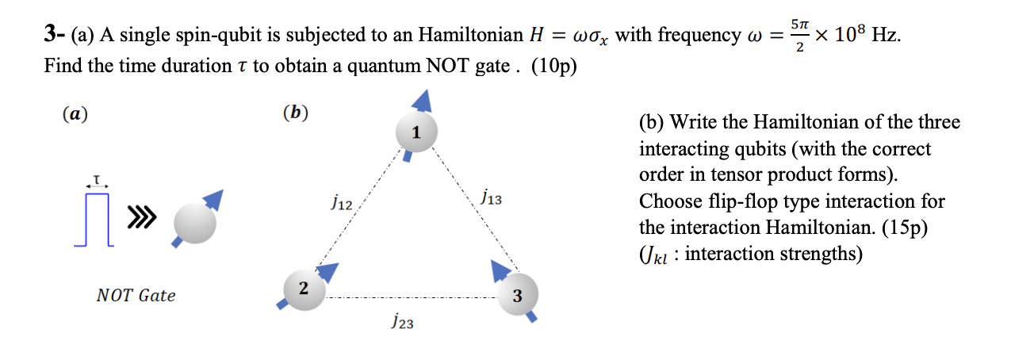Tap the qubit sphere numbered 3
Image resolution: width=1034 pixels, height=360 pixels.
pos(516,295)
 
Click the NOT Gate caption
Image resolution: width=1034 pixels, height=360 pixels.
pos(136,296)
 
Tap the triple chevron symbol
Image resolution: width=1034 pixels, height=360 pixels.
pos(138,216)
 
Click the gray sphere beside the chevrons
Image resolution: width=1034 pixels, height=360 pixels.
pos(194,223)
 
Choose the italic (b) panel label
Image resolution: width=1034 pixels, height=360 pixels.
pos(295,113)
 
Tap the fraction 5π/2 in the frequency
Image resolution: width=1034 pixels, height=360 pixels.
pos(800,36)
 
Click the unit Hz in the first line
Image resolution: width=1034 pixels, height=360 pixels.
pos(886,36)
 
